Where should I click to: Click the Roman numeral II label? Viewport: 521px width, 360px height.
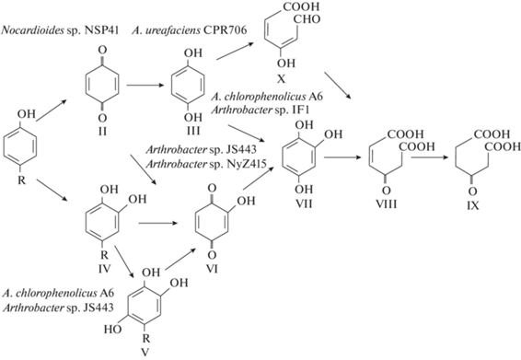pos(102,131)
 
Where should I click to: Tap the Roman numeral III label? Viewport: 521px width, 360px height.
pos(192,131)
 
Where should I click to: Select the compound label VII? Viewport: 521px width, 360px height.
pos(304,203)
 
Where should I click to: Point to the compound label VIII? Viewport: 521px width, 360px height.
pos(386,203)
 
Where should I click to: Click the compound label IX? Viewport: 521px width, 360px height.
pos(472,205)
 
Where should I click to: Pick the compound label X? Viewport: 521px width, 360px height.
pos(281,79)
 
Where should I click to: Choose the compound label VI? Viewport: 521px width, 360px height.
pos(212,268)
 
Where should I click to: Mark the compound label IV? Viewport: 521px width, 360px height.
pos(104,268)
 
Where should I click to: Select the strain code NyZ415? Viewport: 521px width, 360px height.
pos(244,164)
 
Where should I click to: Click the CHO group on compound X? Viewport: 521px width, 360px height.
pos(307,19)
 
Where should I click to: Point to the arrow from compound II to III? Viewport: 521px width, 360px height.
pos(145,86)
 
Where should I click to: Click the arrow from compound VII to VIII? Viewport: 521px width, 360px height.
pos(342,157)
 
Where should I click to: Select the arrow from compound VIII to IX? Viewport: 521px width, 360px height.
pos(430,157)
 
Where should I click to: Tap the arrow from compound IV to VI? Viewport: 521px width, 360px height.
pos(157,224)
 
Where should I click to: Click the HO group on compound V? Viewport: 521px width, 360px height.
pos(112,330)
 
